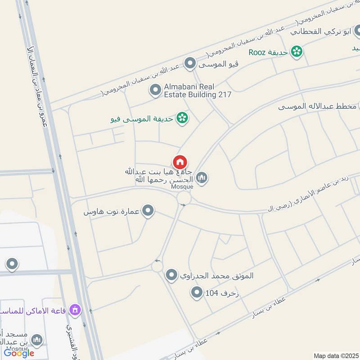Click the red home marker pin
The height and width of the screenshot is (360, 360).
pos(180,162)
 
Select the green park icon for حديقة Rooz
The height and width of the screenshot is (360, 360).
pos(296,52)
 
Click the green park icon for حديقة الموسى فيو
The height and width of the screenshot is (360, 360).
pos(182,118)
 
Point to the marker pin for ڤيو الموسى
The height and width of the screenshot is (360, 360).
pos(190,63)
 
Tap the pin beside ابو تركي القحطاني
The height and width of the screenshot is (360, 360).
pos(355,31)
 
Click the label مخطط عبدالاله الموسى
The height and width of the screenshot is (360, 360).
pos(317,107)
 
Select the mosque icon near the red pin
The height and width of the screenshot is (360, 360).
pos(202,178)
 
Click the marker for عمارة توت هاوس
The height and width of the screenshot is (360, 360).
pos(148,210)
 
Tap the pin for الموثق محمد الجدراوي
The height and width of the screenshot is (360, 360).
pos(171,274)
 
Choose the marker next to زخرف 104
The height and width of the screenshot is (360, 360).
pos(196,293)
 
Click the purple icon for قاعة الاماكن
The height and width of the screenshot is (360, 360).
pos(76,310)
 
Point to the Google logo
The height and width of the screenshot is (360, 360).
pos(19,353)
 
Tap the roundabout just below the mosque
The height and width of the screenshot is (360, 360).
pos(184,198)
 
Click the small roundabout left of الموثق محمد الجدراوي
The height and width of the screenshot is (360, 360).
pos(157,266)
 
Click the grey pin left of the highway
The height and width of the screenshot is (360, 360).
pos(12,264)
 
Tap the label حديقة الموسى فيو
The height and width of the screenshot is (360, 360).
pos(143,119)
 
